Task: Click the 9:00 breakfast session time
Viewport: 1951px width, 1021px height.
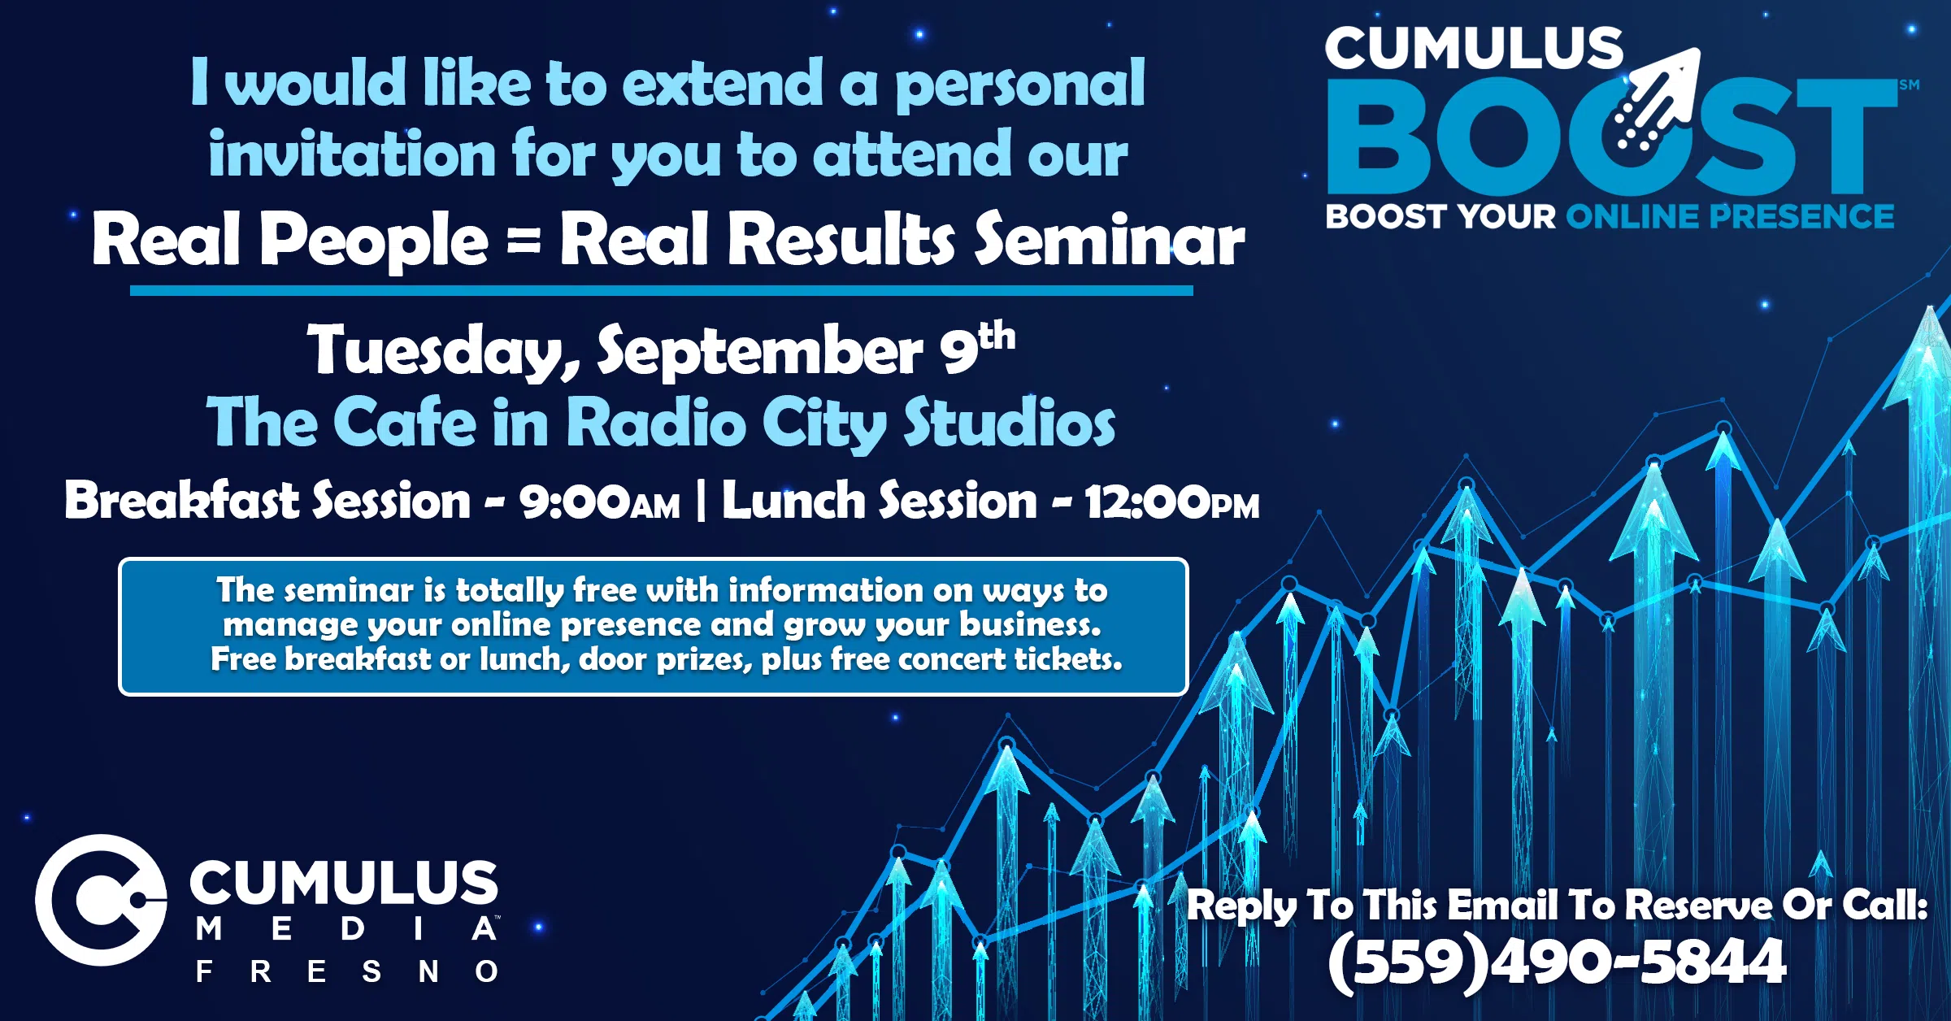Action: tap(600, 502)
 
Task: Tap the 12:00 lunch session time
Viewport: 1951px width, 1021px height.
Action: tap(1171, 502)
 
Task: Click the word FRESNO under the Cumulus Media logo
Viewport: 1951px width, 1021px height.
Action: tap(347, 971)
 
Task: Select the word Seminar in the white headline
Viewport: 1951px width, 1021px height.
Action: tap(1110, 239)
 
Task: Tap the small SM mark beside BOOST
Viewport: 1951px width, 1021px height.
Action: tap(1910, 85)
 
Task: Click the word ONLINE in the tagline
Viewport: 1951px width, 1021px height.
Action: tap(1632, 217)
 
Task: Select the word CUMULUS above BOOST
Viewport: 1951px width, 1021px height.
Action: tap(1474, 49)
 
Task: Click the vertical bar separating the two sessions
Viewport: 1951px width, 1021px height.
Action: tap(701, 500)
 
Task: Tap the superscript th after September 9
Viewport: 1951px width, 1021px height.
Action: tap(997, 337)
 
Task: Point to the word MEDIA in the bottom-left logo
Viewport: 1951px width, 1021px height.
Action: tap(347, 928)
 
